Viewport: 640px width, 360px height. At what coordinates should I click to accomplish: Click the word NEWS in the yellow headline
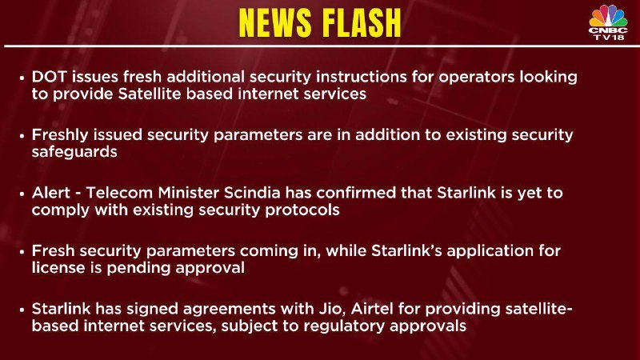[276, 23]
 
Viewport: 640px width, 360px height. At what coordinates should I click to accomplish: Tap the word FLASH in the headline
[361, 23]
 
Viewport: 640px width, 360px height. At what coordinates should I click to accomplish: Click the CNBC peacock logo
[608, 16]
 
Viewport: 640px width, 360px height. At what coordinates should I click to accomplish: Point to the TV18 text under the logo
[609, 37]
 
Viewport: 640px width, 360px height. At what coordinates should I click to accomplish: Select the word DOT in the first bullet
[50, 77]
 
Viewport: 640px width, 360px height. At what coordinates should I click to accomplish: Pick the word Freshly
[60, 135]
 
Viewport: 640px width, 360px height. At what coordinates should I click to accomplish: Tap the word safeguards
[74, 153]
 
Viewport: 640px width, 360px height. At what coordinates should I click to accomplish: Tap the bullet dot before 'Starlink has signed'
[22, 310]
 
